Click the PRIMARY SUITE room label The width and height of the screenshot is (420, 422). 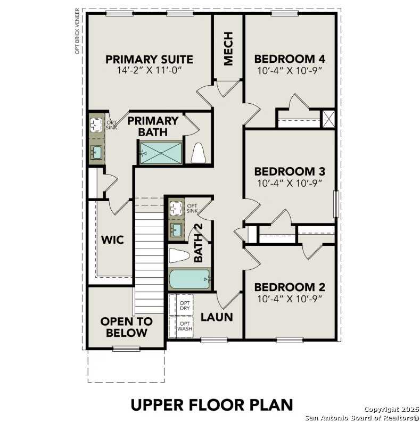(149, 59)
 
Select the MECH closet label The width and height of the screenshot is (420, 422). (228, 48)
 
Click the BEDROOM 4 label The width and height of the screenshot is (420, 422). (290, 59)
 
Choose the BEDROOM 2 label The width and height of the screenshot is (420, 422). (290, 287)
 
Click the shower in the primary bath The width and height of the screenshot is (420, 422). (161, 153)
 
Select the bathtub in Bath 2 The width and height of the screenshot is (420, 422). (190, 279)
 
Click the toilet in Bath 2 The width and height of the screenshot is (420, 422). (179, 256)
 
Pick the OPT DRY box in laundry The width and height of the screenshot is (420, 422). (184, 304)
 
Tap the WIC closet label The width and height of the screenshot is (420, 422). (112, 240)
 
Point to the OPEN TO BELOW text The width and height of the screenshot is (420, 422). (126, 327)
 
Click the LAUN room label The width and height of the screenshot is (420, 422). (217, 317)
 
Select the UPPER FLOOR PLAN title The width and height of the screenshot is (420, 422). (212, 404)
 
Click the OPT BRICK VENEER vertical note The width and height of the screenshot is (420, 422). (78, 31)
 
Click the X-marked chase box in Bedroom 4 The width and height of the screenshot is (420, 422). (329, 118)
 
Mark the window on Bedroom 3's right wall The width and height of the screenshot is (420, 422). (336, 204)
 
